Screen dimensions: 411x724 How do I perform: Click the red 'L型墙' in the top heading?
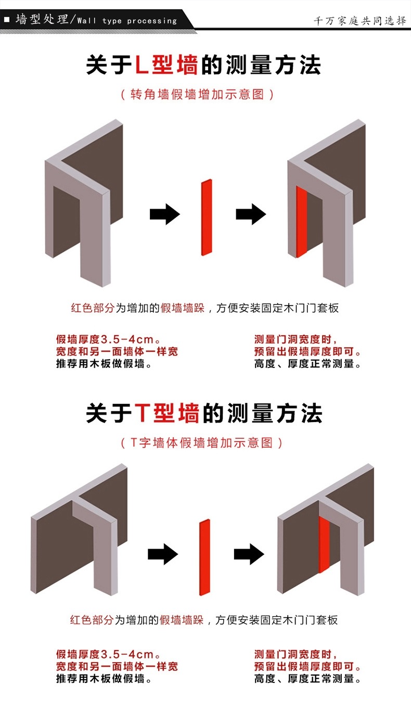[166, 65]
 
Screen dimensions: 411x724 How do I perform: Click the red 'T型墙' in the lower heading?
[166, 413]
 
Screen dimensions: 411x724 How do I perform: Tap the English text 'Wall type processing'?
[127, 21]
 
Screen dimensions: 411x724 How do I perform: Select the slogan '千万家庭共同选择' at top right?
[359, 21]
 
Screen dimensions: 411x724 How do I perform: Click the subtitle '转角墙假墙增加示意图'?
[197, 94]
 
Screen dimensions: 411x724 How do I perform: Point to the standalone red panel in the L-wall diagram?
[207, 218]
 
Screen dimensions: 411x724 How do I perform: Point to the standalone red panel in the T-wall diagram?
[204, 557]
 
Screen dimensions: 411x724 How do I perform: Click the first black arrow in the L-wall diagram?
[165, 213]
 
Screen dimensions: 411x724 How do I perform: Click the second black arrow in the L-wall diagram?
[251, 213]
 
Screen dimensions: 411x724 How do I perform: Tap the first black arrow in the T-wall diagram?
[163, 554]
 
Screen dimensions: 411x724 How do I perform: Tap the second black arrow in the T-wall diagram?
[249, 554]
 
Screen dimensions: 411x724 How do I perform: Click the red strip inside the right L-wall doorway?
[301, 222]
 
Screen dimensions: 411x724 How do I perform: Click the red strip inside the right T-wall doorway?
[324, 544]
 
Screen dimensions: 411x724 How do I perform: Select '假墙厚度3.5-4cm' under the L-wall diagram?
[105, 339]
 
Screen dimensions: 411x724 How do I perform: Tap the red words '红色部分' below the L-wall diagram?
[93, 308]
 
